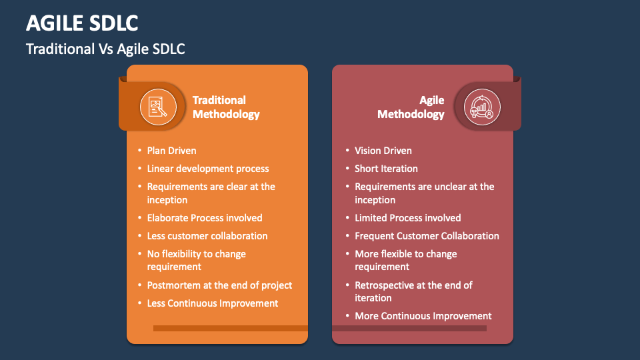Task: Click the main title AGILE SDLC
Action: pos(82,23)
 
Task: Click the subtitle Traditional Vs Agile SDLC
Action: pos(105,49)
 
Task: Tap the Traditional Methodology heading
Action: pos(225,107)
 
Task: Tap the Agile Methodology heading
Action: pos(411,107)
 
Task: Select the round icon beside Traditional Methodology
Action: pos(158,107)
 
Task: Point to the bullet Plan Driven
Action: pos(171,151)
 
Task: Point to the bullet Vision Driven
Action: pos(383,151)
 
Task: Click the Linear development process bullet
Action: pos(208,169)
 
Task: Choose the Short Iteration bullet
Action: pos(386,169)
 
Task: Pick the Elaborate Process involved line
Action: pos(205,218)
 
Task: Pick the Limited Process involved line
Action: pos(407,218)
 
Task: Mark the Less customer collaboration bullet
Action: pos(207,236)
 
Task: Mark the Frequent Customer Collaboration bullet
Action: pos(427,236)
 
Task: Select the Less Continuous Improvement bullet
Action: pos(213,303)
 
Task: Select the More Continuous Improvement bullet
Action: pos(423,316)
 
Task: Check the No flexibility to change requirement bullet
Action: pos(196,260)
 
